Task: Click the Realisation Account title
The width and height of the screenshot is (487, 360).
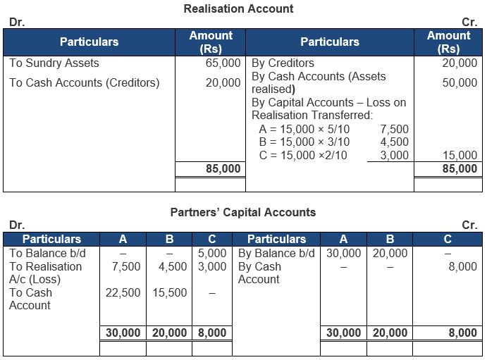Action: [x=238, y=9]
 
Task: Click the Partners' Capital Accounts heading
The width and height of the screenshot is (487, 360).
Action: [x=243, y=212]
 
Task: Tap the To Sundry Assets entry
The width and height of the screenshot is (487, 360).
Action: [x=54, y=63]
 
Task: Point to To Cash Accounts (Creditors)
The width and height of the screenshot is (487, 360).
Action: [x=85, y=82]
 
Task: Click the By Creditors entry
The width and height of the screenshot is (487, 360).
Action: [x=283, y=63]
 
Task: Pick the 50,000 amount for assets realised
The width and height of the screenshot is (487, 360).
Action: [x=460, y=82]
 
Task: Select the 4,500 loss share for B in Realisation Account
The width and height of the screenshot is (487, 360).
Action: [x=393, y=142]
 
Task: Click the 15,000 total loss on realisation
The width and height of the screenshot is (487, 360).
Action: [x=460, y=155]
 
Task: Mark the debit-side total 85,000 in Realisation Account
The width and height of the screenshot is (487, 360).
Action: [x=223, y=168]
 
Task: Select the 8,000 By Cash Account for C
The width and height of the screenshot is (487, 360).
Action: [x=462, y=266]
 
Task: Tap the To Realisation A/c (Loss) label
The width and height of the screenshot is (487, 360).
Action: [x=46, y=273]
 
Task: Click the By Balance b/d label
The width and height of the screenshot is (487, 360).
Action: [x=278, y=253]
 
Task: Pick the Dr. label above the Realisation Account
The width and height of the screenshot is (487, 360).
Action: [x=16, y=23]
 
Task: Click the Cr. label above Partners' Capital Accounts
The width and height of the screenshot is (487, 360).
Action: [x=469, y=225]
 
